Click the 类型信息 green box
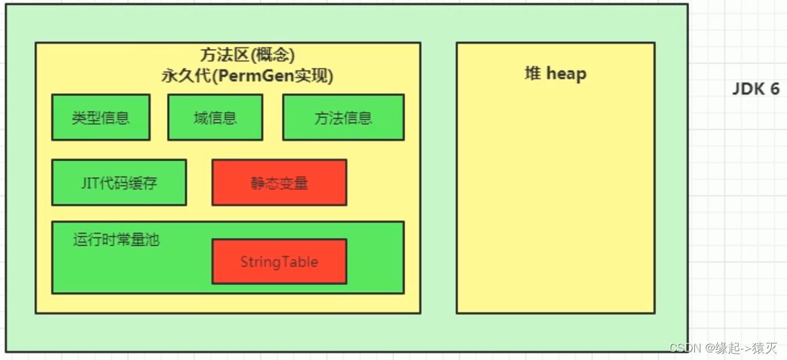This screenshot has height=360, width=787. pos(100,117)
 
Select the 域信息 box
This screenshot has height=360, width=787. pos(215,117)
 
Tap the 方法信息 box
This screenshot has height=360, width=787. pos(343,117)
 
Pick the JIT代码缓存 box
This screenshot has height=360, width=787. pos(119,183)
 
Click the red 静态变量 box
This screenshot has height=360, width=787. pos(279,183)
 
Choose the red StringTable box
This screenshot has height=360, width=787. pos(279,262)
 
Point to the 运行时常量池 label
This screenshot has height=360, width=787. pos(116,240)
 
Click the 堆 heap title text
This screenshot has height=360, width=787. pos(555,74)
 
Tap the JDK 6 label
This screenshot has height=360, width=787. pos(756,89)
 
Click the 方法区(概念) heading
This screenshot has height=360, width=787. pos(248,55)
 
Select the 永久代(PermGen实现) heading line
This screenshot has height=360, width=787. pos(248,76)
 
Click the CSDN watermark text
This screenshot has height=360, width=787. pos(685,348)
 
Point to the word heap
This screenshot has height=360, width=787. pos(566,74)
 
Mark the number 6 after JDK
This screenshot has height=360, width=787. pos(774,89)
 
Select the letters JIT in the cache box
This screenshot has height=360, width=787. pos(90,183)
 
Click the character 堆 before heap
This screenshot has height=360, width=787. pos(532,74)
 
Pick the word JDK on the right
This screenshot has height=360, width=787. pos(748,89)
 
